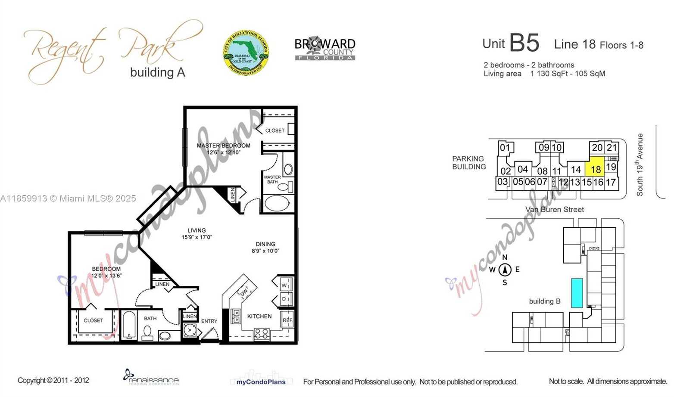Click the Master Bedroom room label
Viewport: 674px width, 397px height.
(x=223, y=146)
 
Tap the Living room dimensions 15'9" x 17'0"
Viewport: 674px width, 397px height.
(x=197, y=237)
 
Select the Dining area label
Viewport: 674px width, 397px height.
(x=265, y=244)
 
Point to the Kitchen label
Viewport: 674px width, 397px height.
(x=259, y=316)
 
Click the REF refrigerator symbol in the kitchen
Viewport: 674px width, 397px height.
(x=287, y=320)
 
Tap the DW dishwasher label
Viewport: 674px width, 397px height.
(x=244, y=292)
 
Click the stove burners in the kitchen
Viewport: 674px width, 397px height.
(x=262, y=333)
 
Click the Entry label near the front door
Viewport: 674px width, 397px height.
(x=209, y=321)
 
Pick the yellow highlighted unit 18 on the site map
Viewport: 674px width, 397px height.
(x=596, y=170)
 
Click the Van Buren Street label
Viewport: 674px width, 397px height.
(x=554, y=210)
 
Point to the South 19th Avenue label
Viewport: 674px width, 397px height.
(x=640, y=165)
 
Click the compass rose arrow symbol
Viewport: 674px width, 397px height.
(x=505, y=270)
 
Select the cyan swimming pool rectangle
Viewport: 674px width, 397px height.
(x=577, y=293)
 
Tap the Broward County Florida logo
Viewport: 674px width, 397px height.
(x=325, y=49)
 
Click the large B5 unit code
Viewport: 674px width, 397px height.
(x=524, y=43)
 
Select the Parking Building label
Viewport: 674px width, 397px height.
(x=469, y=163)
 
